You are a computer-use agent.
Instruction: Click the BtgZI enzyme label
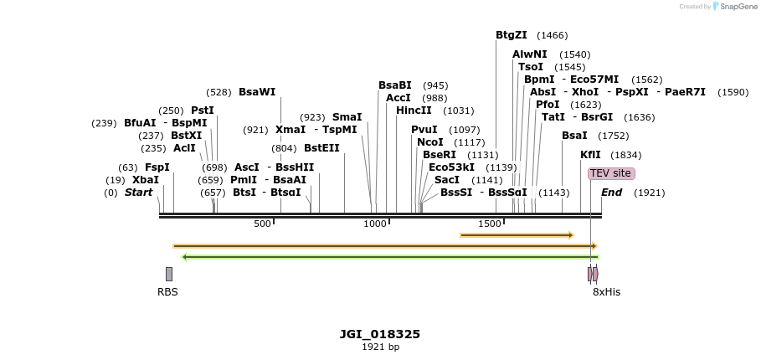511,35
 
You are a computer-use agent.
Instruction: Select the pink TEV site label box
611,173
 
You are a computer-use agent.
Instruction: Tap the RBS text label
167,292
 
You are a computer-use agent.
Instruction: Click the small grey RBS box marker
169,274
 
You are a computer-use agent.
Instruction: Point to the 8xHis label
606,292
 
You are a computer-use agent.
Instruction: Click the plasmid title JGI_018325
380,334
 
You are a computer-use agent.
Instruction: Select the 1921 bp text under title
380,347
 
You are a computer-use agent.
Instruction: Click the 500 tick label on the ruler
262,224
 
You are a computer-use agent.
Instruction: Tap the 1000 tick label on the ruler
375,224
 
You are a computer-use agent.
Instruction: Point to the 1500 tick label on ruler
489,224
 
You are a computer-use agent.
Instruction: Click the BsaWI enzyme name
256,92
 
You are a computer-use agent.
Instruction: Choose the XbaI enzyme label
145,180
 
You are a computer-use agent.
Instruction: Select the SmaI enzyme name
347,117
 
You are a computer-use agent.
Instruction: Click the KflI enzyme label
590,155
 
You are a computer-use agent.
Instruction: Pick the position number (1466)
552,35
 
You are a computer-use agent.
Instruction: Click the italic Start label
138,193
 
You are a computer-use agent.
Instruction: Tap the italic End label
611,193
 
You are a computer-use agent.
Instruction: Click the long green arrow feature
389,257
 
